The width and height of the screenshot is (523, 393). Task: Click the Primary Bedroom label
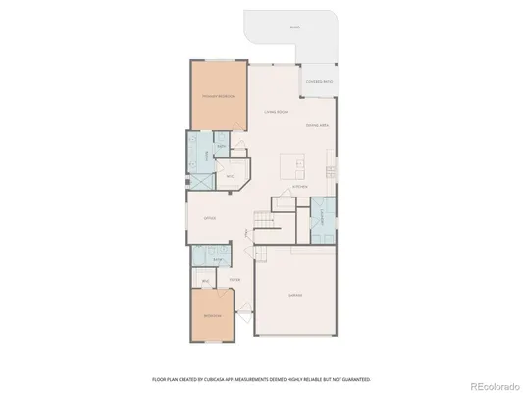tap(218, 97)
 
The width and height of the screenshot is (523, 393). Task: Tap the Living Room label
tap(276, 113)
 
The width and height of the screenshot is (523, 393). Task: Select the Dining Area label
tap(316, 125)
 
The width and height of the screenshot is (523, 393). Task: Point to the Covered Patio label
tap(319, 82)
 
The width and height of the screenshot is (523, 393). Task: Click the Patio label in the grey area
tap(295, 28)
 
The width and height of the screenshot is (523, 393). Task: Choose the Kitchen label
tap(300, 187)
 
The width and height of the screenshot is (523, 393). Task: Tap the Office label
tap(209, 218)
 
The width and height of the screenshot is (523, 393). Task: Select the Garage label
tap(295, 295)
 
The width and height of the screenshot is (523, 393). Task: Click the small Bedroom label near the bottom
tap(212, 318)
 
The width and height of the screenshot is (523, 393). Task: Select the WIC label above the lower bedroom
tap(206, 282)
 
